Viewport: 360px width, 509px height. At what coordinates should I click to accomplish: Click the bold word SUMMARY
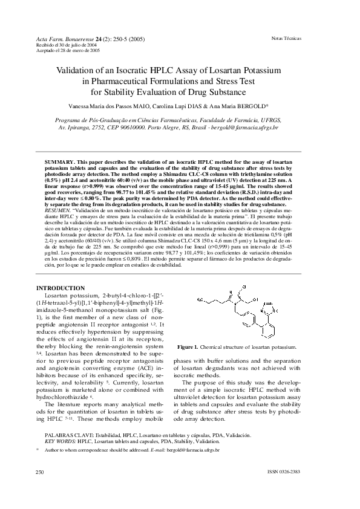60,163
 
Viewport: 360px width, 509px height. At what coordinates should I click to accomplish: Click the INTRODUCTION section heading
61,288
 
